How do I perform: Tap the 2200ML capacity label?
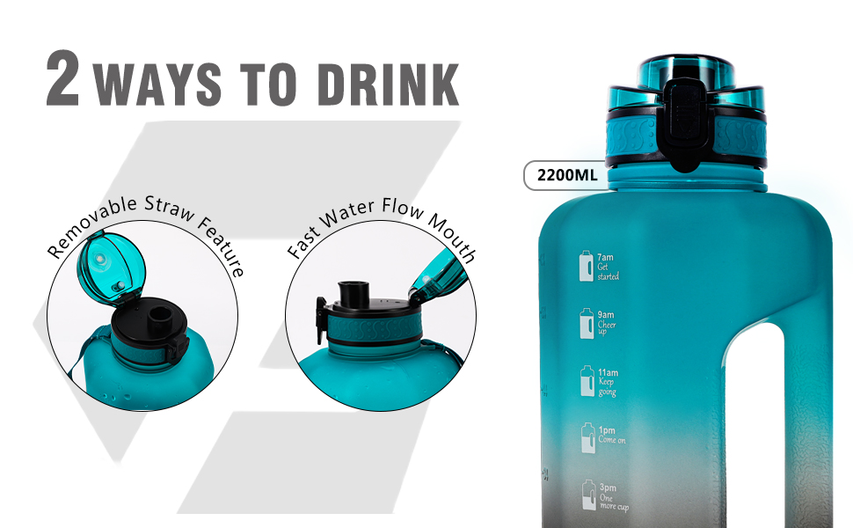click(561, 175)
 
